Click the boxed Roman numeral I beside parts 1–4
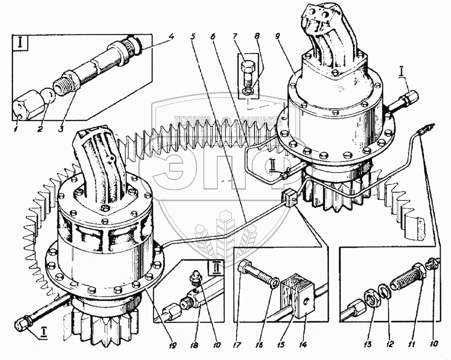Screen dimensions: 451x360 click(x=20, y=45)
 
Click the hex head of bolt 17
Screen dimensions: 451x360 click(x=244, y=269)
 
